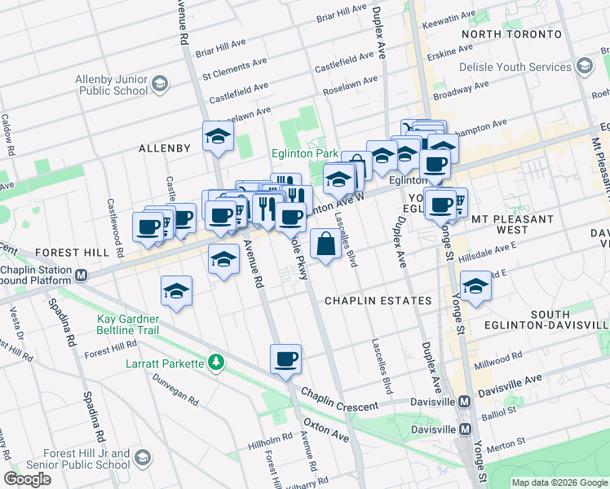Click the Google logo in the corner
[27, 478]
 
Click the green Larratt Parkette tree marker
[215, 361]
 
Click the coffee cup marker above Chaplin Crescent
[285, 359]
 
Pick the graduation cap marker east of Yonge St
[475, 286]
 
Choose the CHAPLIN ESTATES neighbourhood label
[378, 301]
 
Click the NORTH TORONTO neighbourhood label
[511, 34]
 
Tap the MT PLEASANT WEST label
[512, 224]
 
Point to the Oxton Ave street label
[326, 431]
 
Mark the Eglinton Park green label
[304, 153]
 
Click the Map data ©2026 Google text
[559, 482]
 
